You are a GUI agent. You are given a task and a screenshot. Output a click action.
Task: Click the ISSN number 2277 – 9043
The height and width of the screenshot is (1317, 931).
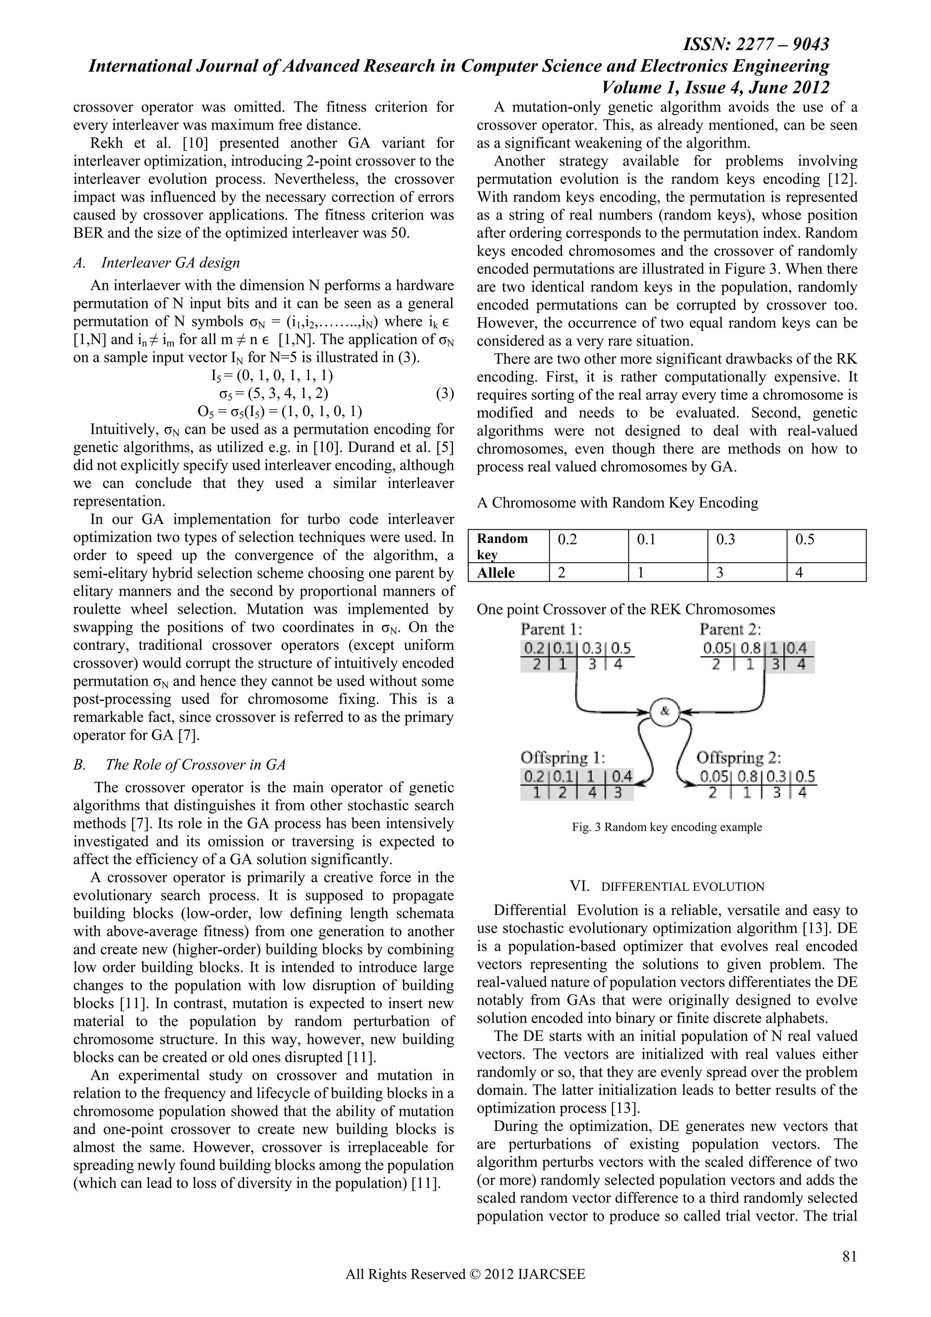(x=757, y=44)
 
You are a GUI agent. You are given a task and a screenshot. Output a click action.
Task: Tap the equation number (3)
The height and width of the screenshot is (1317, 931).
(x=444, y=393)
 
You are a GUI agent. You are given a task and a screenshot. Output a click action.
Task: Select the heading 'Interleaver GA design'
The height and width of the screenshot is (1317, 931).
(x=170, y=263)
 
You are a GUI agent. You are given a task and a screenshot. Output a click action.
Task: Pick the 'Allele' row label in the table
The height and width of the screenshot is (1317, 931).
(x=496, y=573)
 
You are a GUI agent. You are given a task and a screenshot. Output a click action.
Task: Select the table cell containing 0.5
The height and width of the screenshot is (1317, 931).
(x=826, y=546)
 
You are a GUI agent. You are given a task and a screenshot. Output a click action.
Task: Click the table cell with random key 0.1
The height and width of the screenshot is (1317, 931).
(x=668, y=546)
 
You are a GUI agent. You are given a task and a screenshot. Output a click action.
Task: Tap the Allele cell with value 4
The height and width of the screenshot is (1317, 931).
(x=826, y=573)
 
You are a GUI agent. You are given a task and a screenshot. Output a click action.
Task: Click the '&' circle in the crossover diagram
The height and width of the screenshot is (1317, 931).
(x=665, y=711)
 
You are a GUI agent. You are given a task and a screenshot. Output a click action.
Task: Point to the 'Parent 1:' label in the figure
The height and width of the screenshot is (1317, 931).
(x=551, y=629)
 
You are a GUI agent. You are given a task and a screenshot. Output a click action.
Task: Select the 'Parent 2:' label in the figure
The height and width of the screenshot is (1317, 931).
(x=730, y=629)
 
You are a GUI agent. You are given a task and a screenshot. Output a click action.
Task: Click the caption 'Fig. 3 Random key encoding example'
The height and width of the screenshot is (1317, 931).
(x=667, y=827)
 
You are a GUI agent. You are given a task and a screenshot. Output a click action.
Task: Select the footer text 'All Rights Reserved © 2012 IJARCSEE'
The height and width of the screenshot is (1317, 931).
(x=465, y=1290)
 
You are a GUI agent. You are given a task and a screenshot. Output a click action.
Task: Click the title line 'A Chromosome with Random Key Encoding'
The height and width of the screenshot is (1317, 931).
(x=617, y=503)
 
